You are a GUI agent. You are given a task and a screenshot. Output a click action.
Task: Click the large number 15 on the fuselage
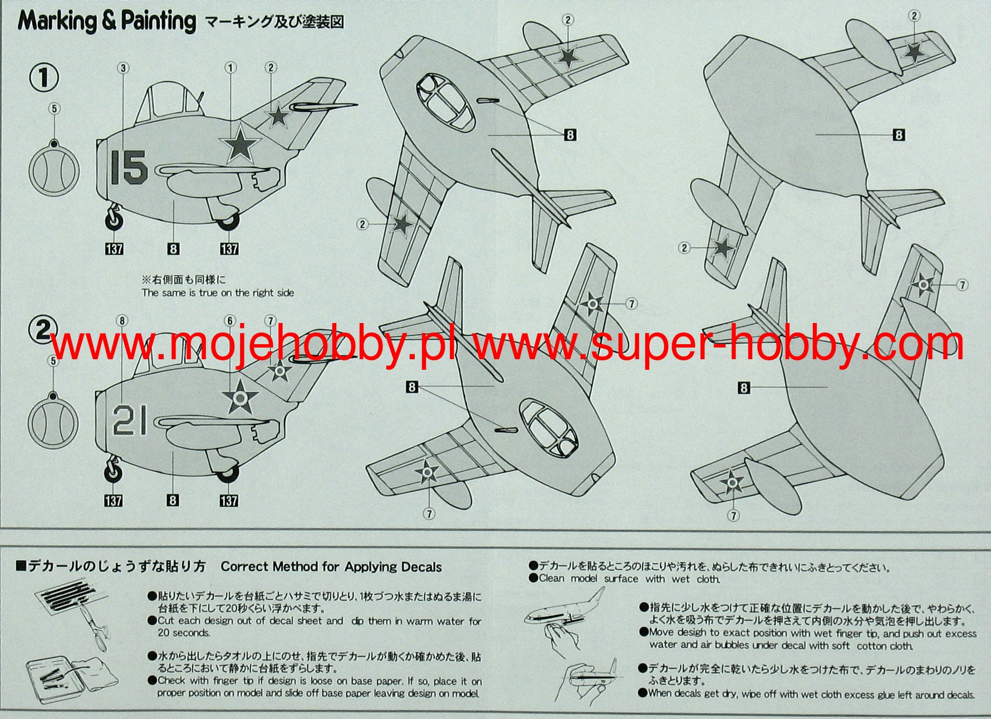pyautogui.click(x=129, y=167)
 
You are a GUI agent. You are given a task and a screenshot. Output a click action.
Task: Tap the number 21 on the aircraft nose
pyautogui.click(x=130, y=420)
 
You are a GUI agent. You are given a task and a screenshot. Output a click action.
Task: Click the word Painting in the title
pyautogui.click(x=159, y=21)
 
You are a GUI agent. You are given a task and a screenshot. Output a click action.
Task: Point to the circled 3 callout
pyautogui.click(x=123, y=68)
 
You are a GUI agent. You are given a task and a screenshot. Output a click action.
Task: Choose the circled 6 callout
pyautogui.click(x=230, y=321)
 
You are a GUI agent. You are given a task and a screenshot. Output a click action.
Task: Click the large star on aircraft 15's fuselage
pyautogui.click(x=242, y=144)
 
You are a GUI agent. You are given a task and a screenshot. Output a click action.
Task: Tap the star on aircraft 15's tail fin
pyautogui.click(x=277, y=116)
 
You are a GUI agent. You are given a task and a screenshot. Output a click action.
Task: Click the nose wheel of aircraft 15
pyautogui.click(x=114, y=220)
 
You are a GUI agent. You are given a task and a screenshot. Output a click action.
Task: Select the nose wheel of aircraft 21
pyautogui.click(x=114, y=472)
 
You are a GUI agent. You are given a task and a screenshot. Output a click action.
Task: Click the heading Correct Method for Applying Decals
pyautogui.click(x=331, y=567)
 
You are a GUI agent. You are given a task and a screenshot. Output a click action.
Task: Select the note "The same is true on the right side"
pyautogui.click(x=218, y=293)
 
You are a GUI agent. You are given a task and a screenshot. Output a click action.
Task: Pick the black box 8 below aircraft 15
pyautogui.click(x=173, y=248)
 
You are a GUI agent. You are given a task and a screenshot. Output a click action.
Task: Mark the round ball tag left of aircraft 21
pyautogui.click(x=52, y=423)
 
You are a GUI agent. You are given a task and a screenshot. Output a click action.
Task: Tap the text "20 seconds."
pyautogui.click(x=184, y=633)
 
